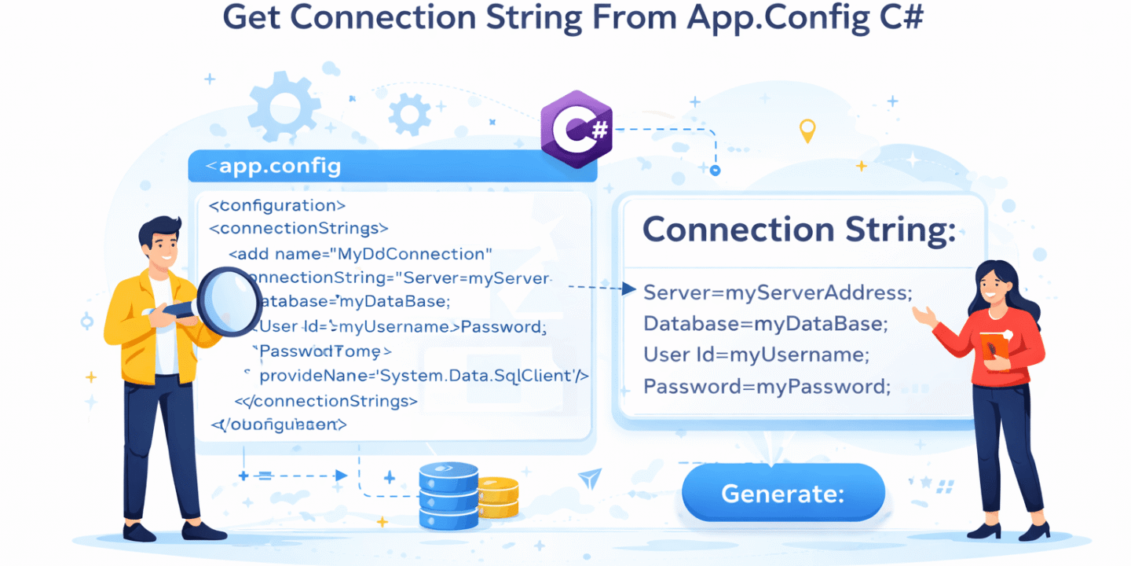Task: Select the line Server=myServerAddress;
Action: (x=778, y=292)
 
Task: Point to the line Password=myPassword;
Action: (x=767, y=386)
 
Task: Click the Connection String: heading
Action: (x=799, y=230)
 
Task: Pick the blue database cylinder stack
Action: (x=448, y=495)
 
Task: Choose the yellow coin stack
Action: (x=498, y=497)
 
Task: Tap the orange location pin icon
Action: (x=807, y=130)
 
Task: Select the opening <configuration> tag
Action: (x=277, y=206)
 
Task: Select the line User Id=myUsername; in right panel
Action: (x=756, y=355)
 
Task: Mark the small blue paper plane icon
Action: (x=589, y=478)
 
